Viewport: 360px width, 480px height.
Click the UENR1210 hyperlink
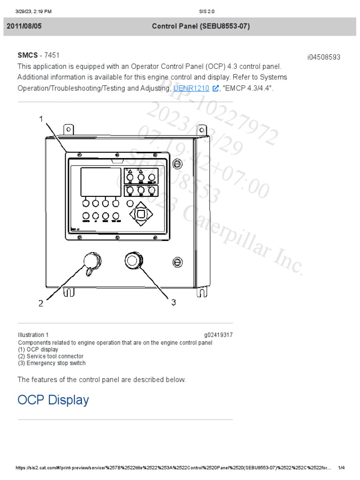pyautogui.click(x=191, y=88)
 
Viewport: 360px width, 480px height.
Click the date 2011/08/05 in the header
pyautogui.click(x=24, y=26)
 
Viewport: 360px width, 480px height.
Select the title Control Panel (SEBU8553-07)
pyautogui.click(x=201, y=26)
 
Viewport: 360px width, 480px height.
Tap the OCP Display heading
pyautogui.click(x=53, y=400)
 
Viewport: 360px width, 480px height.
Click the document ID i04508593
pyautogui.click(x=323, y=57)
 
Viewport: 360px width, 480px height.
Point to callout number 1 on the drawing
pyautogui.click(x=41, y=119)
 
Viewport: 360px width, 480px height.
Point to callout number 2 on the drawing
pyautogui.click(x=41, y=303)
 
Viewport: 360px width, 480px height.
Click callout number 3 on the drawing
pyautogui.click(x=173, y=302)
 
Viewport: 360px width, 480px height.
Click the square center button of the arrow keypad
pyautogui.click(x=141, y=214)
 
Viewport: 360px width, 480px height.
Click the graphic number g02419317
pyautogui.click(x=218, y=335)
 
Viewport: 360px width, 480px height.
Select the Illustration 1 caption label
pyautogui.click(x=33, y=335)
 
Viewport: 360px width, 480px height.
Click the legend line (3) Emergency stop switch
pyautogui.click(x=52, y=363)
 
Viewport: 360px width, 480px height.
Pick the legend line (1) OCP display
pyautogui.click(x=38, y=349)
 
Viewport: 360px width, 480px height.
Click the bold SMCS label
pyautogui.click(x=28, y=55)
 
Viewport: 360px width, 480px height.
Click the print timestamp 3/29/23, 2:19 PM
pyautogui.click(x=33, y=11)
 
